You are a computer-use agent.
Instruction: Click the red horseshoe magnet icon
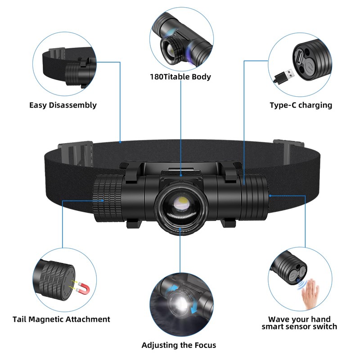(x=83, y=288)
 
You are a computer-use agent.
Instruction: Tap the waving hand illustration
(x=310, y=294)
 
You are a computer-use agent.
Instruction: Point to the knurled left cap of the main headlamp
(x=108, y=198)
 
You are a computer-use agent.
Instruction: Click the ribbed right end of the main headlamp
(x=254, y=197)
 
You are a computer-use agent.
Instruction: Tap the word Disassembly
(x=73, y=105)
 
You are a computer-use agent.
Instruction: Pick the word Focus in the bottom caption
(x=205, y=345)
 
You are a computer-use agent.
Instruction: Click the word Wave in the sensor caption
(x=278, y=319)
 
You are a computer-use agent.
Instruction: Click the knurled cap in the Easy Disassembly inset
(x=73, y=74)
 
